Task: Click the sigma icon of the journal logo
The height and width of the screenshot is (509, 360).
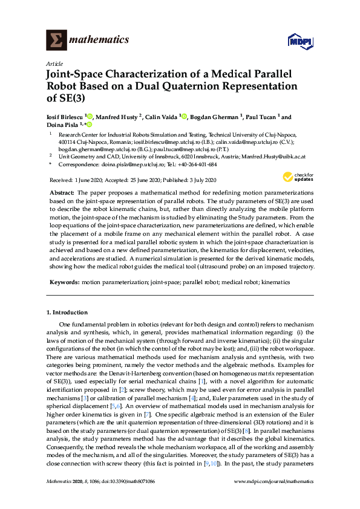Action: (x=56, y=40)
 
